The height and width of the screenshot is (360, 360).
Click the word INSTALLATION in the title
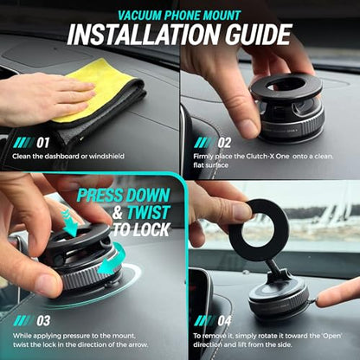tap(144, 35)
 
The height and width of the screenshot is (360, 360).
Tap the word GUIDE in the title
tap(259, 35)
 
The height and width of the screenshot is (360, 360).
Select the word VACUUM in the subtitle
tap(138, 16)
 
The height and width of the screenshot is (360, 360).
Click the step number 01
tap(43, 143)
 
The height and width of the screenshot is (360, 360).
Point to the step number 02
tap(224, 143)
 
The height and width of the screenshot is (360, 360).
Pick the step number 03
tap(43, 321)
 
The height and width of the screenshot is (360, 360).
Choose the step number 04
tap(225, 321)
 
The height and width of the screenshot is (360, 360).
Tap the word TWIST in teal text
tap(149, 213)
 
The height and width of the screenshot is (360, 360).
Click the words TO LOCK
tap(141, 229)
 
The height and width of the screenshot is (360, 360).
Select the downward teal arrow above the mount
tap(69, 223)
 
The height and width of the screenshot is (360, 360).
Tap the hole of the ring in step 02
tap(286, 84)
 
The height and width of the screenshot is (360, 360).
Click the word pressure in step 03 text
tap(75, 336)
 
